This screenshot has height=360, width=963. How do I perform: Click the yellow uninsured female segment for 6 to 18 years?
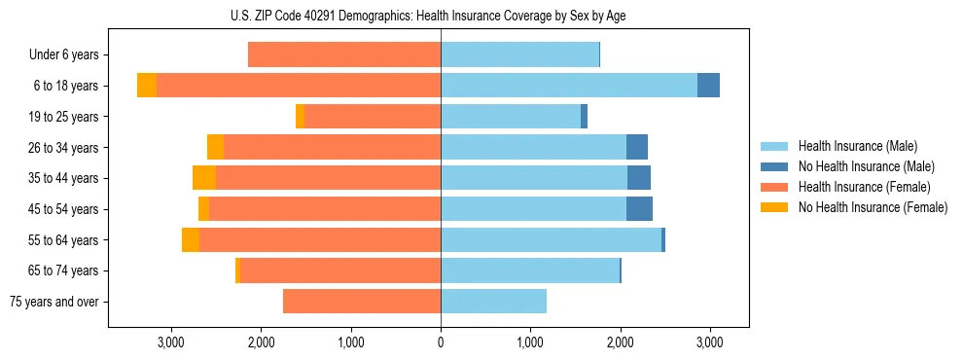click(147, 86)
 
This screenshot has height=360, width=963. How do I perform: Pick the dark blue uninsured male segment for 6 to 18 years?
click(708, 86)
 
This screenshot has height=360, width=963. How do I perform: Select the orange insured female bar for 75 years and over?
click(362, 302)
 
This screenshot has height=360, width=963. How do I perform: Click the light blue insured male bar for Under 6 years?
click(519, 55)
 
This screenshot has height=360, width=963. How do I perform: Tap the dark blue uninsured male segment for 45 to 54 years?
click(639, 209)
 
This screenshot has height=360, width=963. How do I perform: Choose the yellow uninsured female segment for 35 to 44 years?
click(204, 178)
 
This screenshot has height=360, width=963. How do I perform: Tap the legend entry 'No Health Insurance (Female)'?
click(865, 207)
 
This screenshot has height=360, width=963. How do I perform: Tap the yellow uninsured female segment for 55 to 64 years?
click(191, 239)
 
